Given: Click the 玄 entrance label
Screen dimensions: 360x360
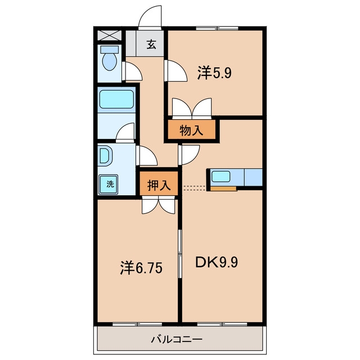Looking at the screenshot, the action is tap(151, 44).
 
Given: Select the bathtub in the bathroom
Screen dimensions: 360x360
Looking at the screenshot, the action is tap(116, 99).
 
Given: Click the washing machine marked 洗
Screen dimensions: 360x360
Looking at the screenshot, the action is tap(109, 184).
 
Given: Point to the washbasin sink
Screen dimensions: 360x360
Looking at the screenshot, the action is tap(105, 156).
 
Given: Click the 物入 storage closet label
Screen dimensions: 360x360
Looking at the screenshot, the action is tap(191, 130).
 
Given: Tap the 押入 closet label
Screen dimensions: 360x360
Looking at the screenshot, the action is tap(159, 185).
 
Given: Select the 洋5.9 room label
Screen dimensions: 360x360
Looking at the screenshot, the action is tap(214, 73).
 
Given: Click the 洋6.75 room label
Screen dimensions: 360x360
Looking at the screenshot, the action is tap(141, 268).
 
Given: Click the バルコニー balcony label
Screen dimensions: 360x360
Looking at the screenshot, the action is tap(177, 339).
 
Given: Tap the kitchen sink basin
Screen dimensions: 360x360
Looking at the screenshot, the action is tap(220, 177).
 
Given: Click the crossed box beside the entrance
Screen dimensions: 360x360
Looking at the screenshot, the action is tap(110, 35).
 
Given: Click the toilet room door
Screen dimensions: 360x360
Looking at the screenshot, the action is tap(132, 71).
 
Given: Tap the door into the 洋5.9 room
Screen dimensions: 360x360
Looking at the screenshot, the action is tap(176, 70).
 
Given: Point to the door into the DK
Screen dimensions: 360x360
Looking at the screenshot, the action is tap(189, 155).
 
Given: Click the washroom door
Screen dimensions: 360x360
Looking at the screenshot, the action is tap(146, 156).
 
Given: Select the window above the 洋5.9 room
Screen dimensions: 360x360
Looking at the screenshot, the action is tap(217, 29).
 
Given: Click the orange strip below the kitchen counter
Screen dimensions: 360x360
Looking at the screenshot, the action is tap(224, 188).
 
